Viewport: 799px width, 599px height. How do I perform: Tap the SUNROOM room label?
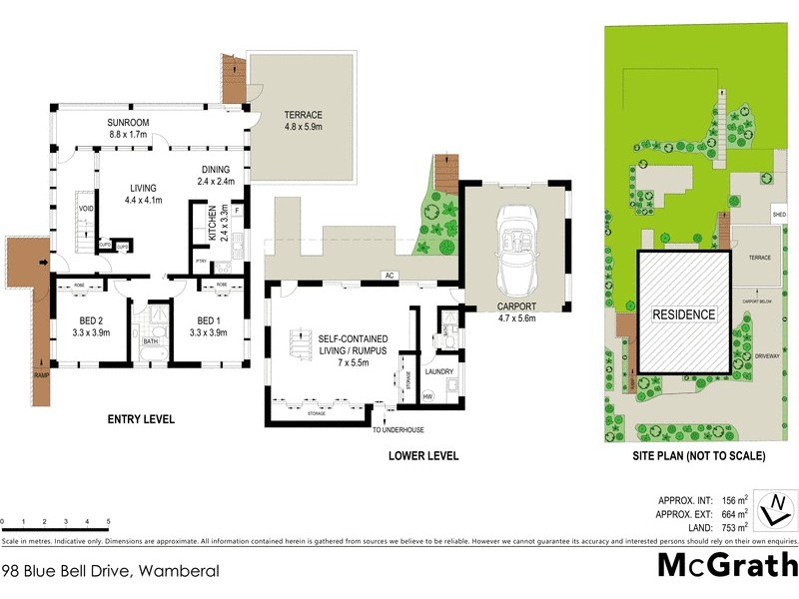tap(128, 123)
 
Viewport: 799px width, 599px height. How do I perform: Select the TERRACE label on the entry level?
tap(303, 115)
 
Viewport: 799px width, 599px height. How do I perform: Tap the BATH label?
tap(151, 340)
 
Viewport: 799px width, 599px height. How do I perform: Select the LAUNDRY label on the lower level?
tap(440, 371)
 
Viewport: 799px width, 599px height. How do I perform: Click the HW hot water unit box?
tap(427, 396)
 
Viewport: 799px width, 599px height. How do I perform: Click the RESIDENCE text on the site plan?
tap(684, 315)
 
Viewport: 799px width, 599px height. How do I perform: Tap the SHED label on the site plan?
tap(779, 215)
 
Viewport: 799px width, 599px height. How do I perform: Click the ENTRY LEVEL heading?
tap(141, 419)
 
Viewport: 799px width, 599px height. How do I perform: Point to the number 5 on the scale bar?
tap(108, 521)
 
